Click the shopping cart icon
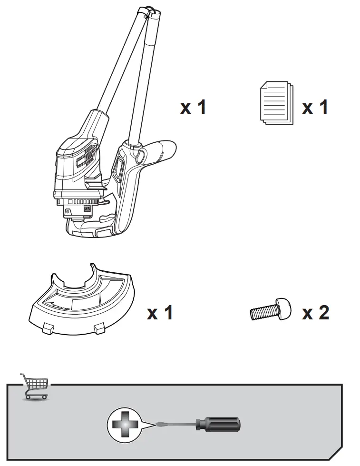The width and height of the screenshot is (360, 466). click(x=34, y=386)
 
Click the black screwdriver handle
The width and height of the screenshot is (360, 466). click(x=218, y=424)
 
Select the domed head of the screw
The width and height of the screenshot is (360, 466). click(x=284, y=308)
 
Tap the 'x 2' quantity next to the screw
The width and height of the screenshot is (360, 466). click(x=315, y=312)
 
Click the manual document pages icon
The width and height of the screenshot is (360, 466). click(x=276, y=102)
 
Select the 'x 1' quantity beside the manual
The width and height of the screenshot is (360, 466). click(x=315, y=107)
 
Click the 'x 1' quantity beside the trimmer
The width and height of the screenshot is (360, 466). click(x=193, y=107)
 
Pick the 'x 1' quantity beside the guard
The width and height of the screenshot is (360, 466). click(x=160, y=312)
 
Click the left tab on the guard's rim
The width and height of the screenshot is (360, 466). click(x=48, y=328)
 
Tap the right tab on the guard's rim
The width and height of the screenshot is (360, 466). click(x=99, y=328)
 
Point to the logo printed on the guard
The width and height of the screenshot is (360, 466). click(x=58, y=307)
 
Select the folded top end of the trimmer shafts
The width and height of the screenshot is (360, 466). click(x=150, y=12)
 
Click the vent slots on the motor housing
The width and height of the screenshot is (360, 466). click(x=88, y=158)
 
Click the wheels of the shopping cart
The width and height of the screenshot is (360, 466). click(x=36, y=397)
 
